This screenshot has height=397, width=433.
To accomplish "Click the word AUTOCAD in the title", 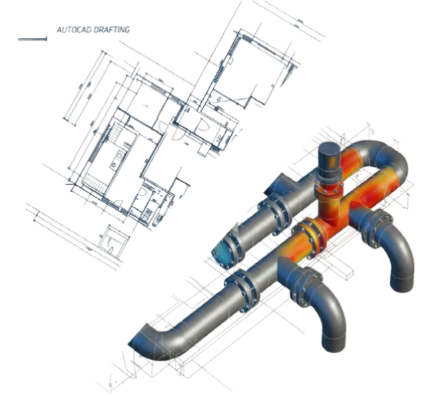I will (70, 30).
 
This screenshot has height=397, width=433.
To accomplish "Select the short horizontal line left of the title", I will (32, 40).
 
